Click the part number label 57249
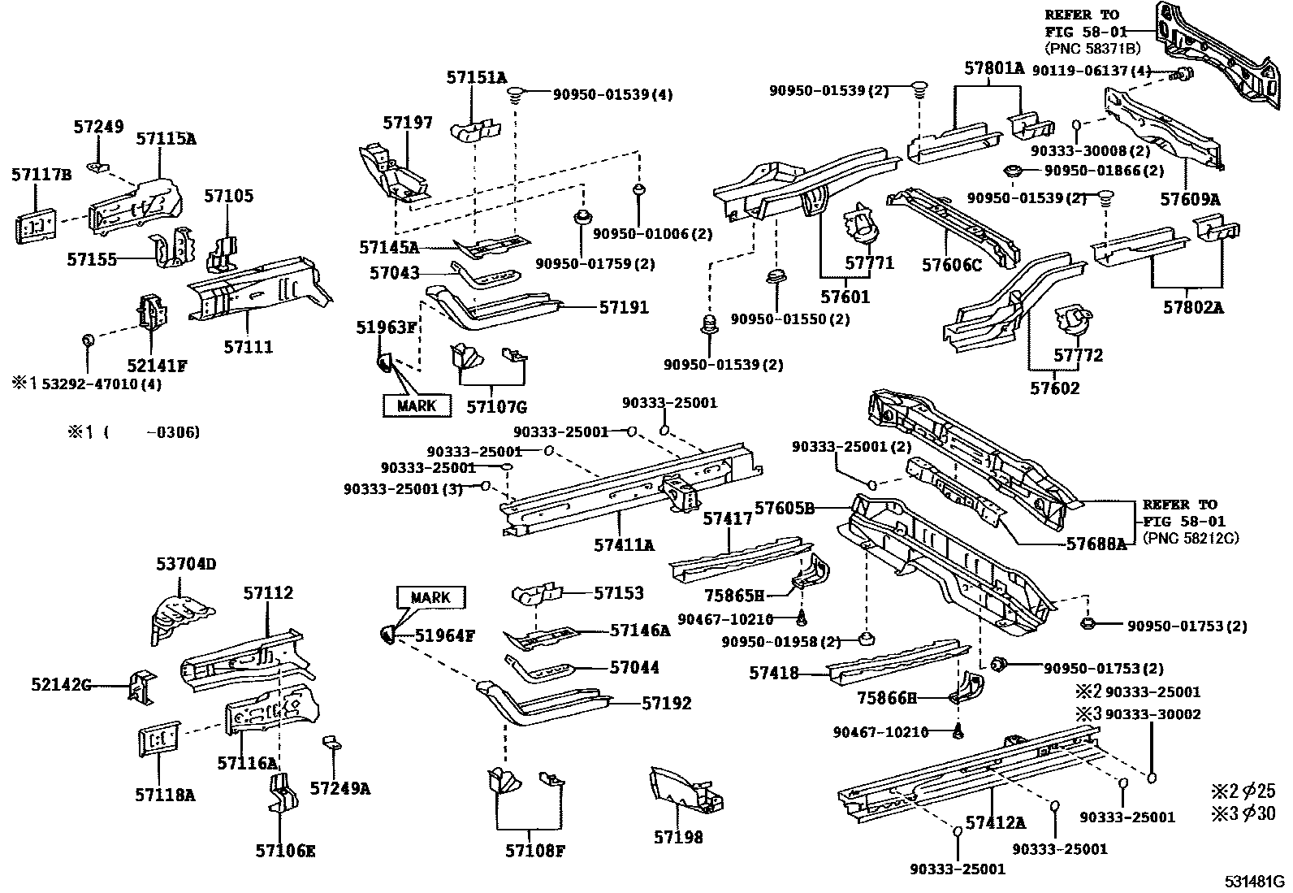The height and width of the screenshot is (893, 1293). pos(98,127)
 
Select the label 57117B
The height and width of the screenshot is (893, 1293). pos(41,174)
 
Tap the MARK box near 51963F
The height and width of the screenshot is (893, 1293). pos(417,405)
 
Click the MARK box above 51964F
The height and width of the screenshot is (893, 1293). pos(430,597)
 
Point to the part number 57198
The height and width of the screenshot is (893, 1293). pos(678,837)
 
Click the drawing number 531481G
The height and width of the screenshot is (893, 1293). pos(1256,881)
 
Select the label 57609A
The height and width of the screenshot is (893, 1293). pos(1191,199)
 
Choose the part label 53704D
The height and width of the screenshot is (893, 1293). pos(186,564)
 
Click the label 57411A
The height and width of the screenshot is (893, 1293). pos(624,545)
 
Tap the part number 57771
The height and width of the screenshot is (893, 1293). pos(869,263)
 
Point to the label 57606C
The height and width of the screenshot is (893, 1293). pos(952,265)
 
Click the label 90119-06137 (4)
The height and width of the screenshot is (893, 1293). pos(1092,72)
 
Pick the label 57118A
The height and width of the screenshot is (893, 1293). pos(165,795)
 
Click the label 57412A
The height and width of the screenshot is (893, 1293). pos(996,823)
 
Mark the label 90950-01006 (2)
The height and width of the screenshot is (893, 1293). pos(652,234)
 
